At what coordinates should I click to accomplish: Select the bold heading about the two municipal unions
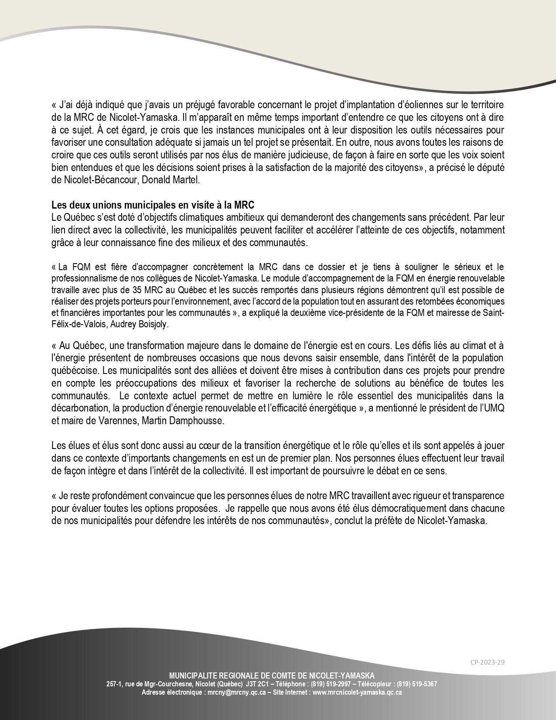point(153,205)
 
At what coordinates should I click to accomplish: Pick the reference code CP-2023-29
point(488,662)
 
